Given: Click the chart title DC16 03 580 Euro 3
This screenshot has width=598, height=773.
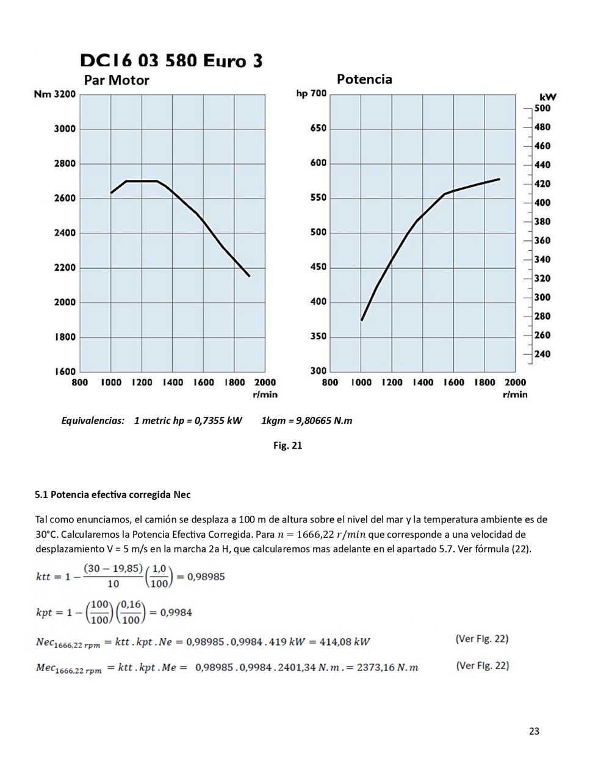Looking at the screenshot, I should point(171,60).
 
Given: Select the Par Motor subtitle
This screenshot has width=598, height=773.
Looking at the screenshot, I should point(117,80).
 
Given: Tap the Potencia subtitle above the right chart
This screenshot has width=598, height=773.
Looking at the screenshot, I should point(364,79).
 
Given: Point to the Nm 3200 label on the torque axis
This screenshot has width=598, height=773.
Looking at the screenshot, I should point(55,94).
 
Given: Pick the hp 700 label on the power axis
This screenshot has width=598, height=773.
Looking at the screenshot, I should point(311,93).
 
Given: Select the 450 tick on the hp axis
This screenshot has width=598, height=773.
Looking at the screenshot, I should point(318,267).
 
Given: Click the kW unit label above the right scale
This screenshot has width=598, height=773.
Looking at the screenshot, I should point(547,97).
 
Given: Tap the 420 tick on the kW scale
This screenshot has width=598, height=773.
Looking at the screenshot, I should point(542,183).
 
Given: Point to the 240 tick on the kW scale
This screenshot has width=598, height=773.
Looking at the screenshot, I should point(542,354).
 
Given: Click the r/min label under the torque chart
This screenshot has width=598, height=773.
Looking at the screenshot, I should point(265,394).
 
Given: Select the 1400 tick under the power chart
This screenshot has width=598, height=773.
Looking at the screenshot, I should point(422,382).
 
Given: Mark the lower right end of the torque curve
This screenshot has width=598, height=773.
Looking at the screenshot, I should point(249,276).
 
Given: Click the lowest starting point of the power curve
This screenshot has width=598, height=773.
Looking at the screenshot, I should point(362,320).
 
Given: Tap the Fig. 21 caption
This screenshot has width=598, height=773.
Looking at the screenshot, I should point(287,446).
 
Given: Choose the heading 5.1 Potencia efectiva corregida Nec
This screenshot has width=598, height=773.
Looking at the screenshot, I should point(113,494).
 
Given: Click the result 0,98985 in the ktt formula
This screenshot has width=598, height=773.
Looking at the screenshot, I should point(206,576).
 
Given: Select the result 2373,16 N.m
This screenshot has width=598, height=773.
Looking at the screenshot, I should point(387,668).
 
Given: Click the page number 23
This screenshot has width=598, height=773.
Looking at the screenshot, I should point(534,732).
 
